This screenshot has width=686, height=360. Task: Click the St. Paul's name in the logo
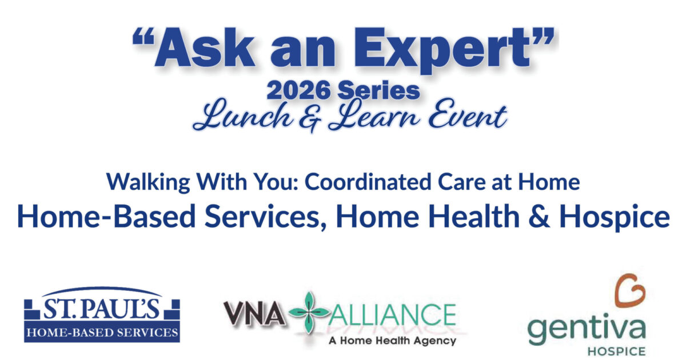(x=102, y=309)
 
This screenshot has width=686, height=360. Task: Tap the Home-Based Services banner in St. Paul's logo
(x=102, y=331)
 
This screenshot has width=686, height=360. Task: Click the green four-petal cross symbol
(x=309, y=313)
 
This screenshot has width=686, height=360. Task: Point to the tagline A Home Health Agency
(x=392, y=341)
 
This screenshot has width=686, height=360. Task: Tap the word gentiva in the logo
(x=587, y=330)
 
